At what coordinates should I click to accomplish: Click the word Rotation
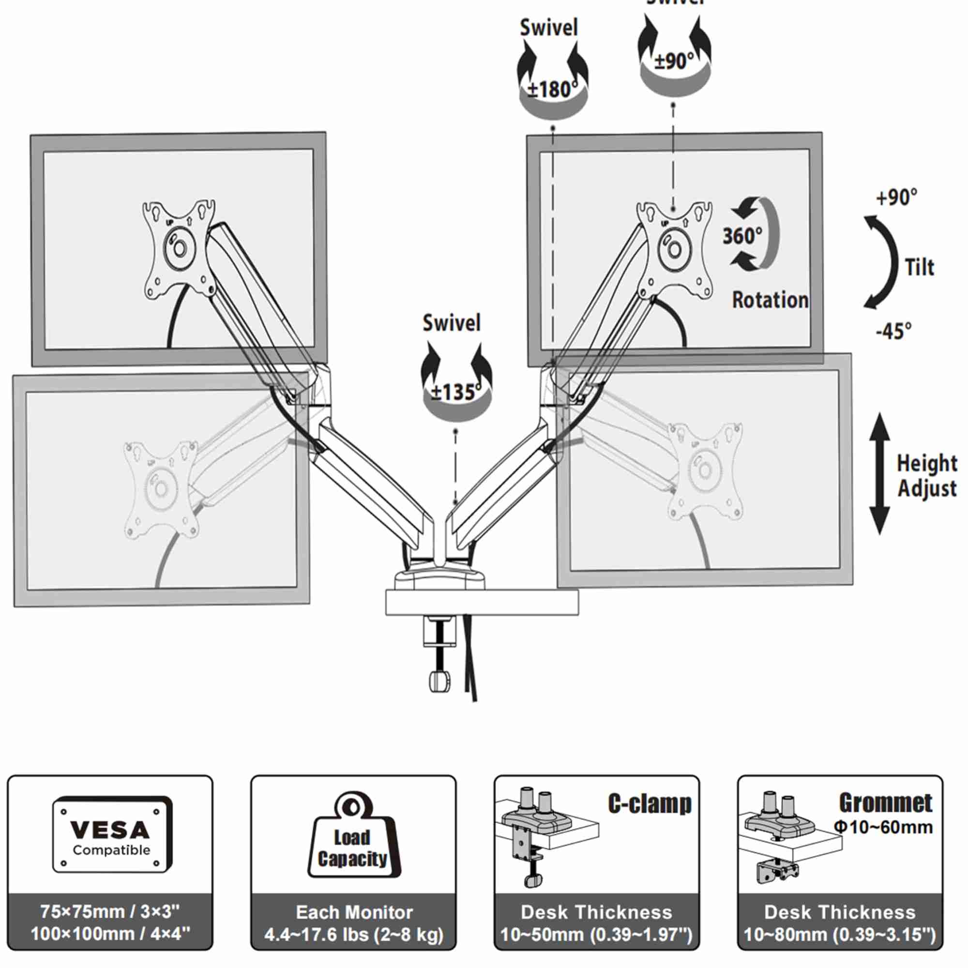click(x=770, y=300)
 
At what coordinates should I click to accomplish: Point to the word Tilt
click(x=920, y=267)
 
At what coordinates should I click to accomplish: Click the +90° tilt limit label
click(x=896, y=197)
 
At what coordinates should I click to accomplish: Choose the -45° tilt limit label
click(x=894, y=331)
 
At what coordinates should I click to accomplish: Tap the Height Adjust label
click(x=926, y=475)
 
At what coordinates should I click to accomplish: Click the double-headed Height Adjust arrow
click(x=880, y=473)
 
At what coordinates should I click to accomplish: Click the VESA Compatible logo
click(x=112, y=834)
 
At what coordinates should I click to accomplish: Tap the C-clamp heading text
click(x=650, y=804)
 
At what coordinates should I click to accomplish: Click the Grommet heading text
click(x=886, y=802)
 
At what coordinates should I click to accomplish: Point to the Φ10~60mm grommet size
click(x=883, y=827)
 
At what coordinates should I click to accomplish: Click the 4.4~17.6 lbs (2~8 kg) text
click(x=354, y=935)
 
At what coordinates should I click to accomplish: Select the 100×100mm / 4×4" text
click(x=110, y=935)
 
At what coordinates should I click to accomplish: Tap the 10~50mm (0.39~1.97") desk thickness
click(x=596, y=935)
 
